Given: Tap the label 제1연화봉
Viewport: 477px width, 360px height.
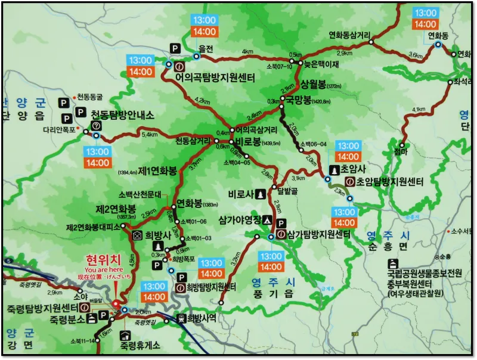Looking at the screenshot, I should [158, 171].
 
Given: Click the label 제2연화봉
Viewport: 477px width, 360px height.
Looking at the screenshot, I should [116, 209].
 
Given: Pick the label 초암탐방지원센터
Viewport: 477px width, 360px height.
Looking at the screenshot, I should [389, 182].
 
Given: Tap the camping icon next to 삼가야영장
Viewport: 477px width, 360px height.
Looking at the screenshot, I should [267, 220].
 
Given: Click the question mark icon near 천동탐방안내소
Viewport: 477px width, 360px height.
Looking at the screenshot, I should [96, 125].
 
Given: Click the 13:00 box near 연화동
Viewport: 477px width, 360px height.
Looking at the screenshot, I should [426, 13].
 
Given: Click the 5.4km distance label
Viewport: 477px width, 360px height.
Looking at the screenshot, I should [150, 135].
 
